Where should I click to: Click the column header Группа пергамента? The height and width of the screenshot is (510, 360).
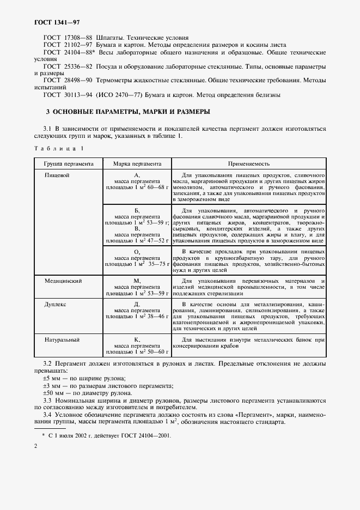pos(65,163)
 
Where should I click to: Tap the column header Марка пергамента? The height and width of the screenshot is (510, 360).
pos(137,163)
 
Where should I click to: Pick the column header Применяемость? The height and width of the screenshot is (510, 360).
pos(249,163)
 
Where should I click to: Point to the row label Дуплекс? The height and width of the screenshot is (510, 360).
pos(55,305)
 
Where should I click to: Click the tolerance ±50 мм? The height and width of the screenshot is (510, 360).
pos(52,393)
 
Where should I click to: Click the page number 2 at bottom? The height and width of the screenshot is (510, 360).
pos(35,446)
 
